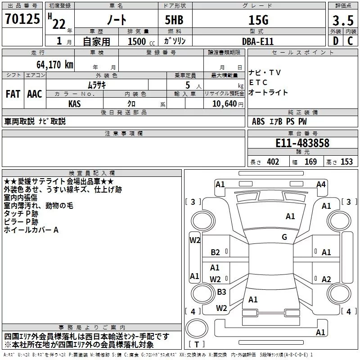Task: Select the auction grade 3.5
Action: point(342,20)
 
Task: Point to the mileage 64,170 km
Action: point(51,65)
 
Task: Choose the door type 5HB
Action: point(173,20)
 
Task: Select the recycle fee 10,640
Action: point(224,103)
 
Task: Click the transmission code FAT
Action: point(13,94)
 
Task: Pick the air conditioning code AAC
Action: point(35,94)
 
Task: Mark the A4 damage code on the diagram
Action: point(321,184)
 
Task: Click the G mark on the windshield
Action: point(284,237)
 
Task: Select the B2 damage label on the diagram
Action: point(215,252)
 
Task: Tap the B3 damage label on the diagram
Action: point(221,292)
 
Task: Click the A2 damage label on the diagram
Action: point(326,279)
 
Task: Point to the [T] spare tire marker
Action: point(197,345)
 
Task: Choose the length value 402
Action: point(273,162)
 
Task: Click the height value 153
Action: point(346,162)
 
